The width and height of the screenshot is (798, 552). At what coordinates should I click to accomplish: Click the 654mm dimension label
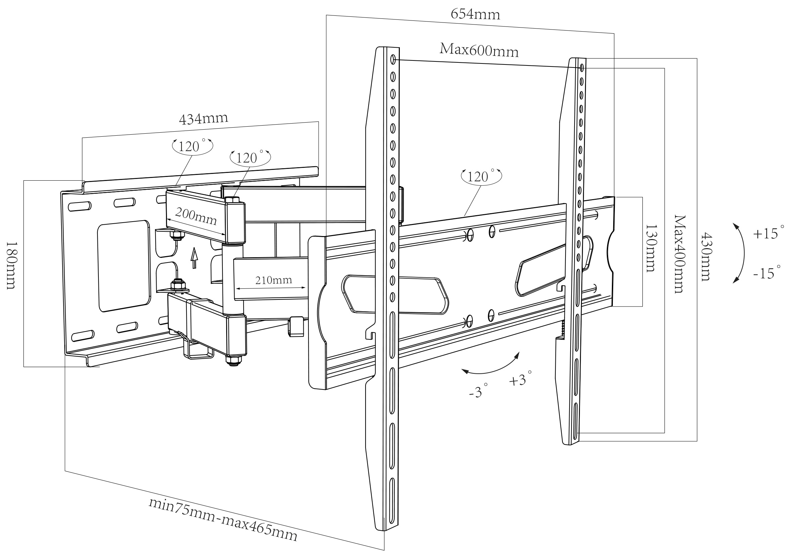475,14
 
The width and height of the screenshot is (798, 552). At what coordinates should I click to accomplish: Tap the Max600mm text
479,50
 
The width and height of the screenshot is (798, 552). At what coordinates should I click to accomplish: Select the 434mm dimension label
204,118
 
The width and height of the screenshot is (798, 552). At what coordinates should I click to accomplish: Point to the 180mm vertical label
11,265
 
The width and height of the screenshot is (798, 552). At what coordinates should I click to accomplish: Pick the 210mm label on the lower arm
274,280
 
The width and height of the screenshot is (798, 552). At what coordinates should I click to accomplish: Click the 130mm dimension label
651,248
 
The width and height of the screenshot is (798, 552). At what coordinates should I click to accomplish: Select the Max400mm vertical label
679,254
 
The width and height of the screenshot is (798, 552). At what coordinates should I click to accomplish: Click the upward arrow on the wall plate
195,258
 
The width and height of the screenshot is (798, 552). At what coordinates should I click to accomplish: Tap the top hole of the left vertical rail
393,59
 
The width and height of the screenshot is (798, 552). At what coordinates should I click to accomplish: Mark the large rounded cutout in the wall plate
124,266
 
